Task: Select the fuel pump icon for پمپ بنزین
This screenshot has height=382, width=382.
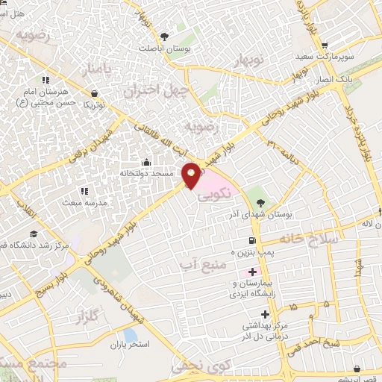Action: [252, 240]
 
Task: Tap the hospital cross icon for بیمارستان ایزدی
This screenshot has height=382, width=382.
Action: [252, 272]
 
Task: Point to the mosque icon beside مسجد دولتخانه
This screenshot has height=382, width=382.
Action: [146, 163]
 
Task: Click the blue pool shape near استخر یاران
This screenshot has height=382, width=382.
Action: [131, 335]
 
